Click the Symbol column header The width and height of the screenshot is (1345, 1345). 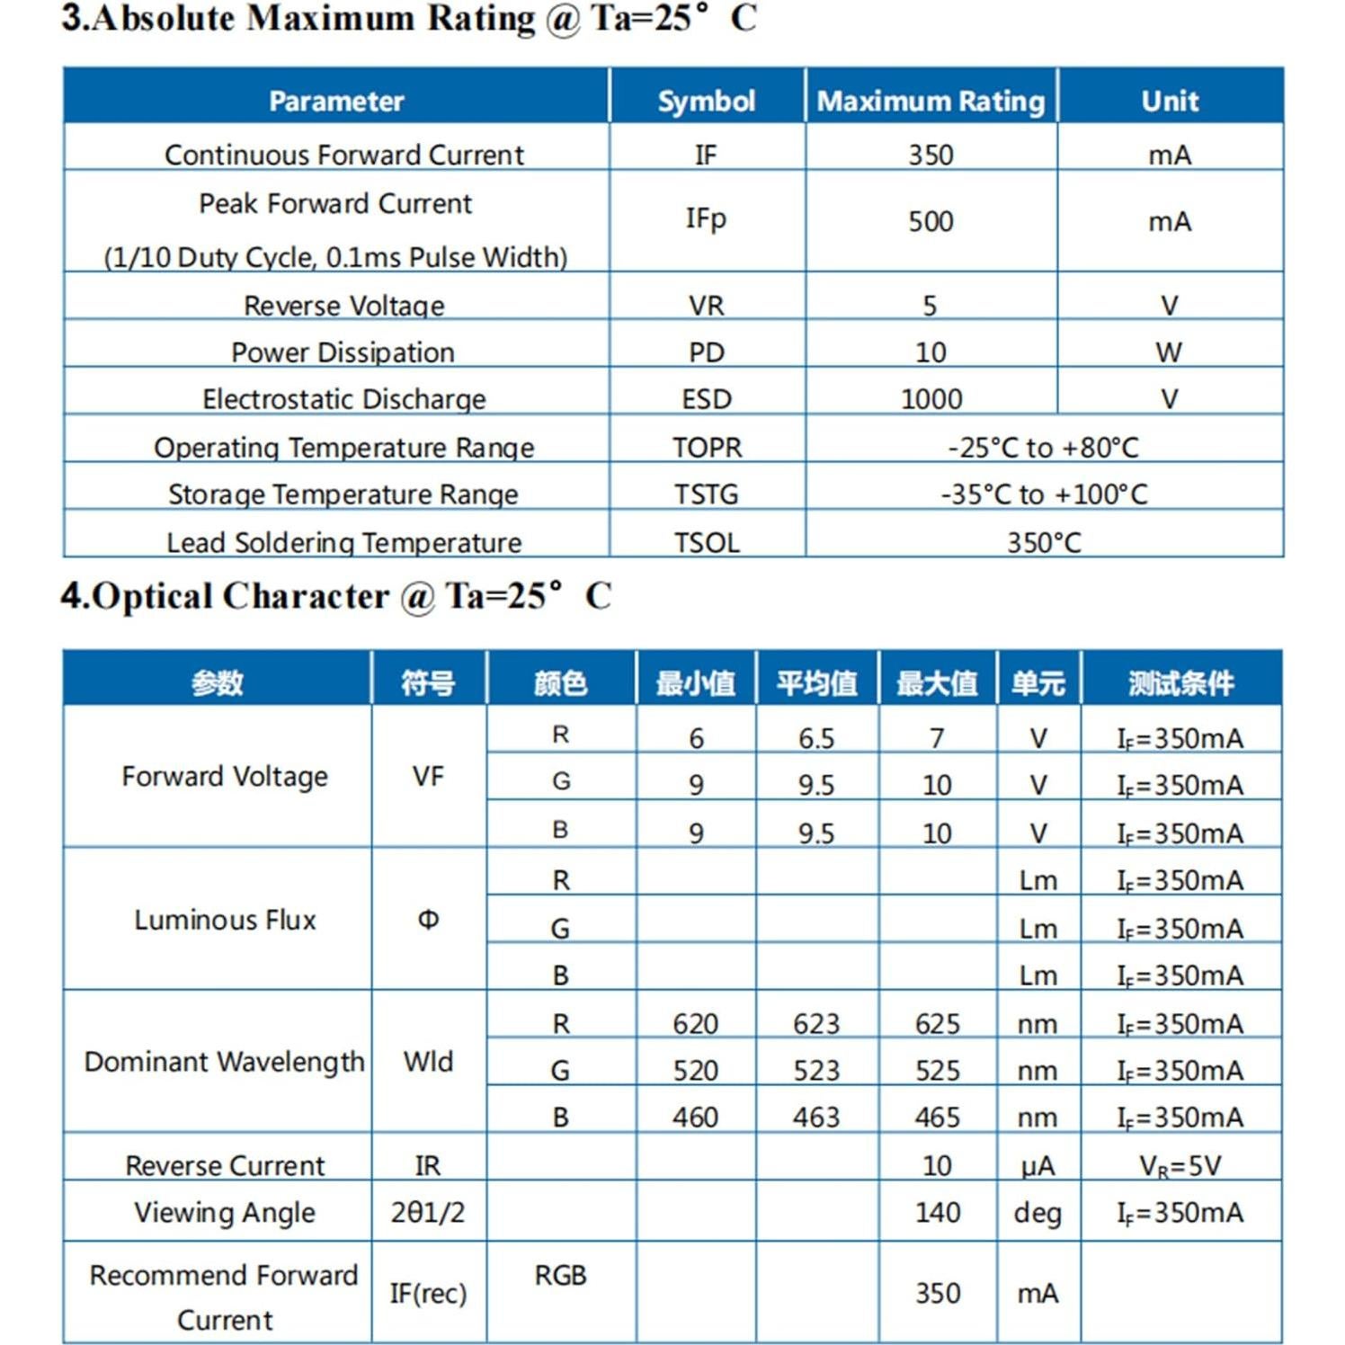(x=706, y=101)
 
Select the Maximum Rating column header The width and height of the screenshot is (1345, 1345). (x=931, y=101)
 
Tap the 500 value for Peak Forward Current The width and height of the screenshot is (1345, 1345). (x=931, y=221)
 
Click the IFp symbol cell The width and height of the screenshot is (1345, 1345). (x=706, y=218)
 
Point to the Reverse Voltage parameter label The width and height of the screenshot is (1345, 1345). (x=343, y=306)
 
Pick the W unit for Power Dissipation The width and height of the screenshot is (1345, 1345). (x=1169, y=352)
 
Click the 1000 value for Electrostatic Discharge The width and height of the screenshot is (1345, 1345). (x=931, y=399)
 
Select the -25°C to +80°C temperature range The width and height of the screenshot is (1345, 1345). (x=1043, y=447)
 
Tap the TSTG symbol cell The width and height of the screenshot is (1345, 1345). (x=707, y=494)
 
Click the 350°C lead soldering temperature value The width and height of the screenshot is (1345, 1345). (x=1044, y=542)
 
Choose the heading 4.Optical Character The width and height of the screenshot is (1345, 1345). (x=335, y=596)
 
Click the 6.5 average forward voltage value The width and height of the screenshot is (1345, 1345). (x=816, y=738)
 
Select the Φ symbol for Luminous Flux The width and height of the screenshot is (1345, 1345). (x=428, y=920)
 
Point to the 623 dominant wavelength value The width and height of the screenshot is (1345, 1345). (x=816, y=1024)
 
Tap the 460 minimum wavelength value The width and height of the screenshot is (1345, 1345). (x=695, y=1118)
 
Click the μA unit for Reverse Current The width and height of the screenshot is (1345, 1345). (x=1038, y=1166)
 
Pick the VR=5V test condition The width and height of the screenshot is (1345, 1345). (x=1180, y=1166)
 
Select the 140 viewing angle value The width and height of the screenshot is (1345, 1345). (x=938, y=1213)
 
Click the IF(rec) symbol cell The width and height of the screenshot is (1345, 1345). (x=428, y=1294)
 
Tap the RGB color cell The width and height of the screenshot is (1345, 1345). (x=560, y=1275)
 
